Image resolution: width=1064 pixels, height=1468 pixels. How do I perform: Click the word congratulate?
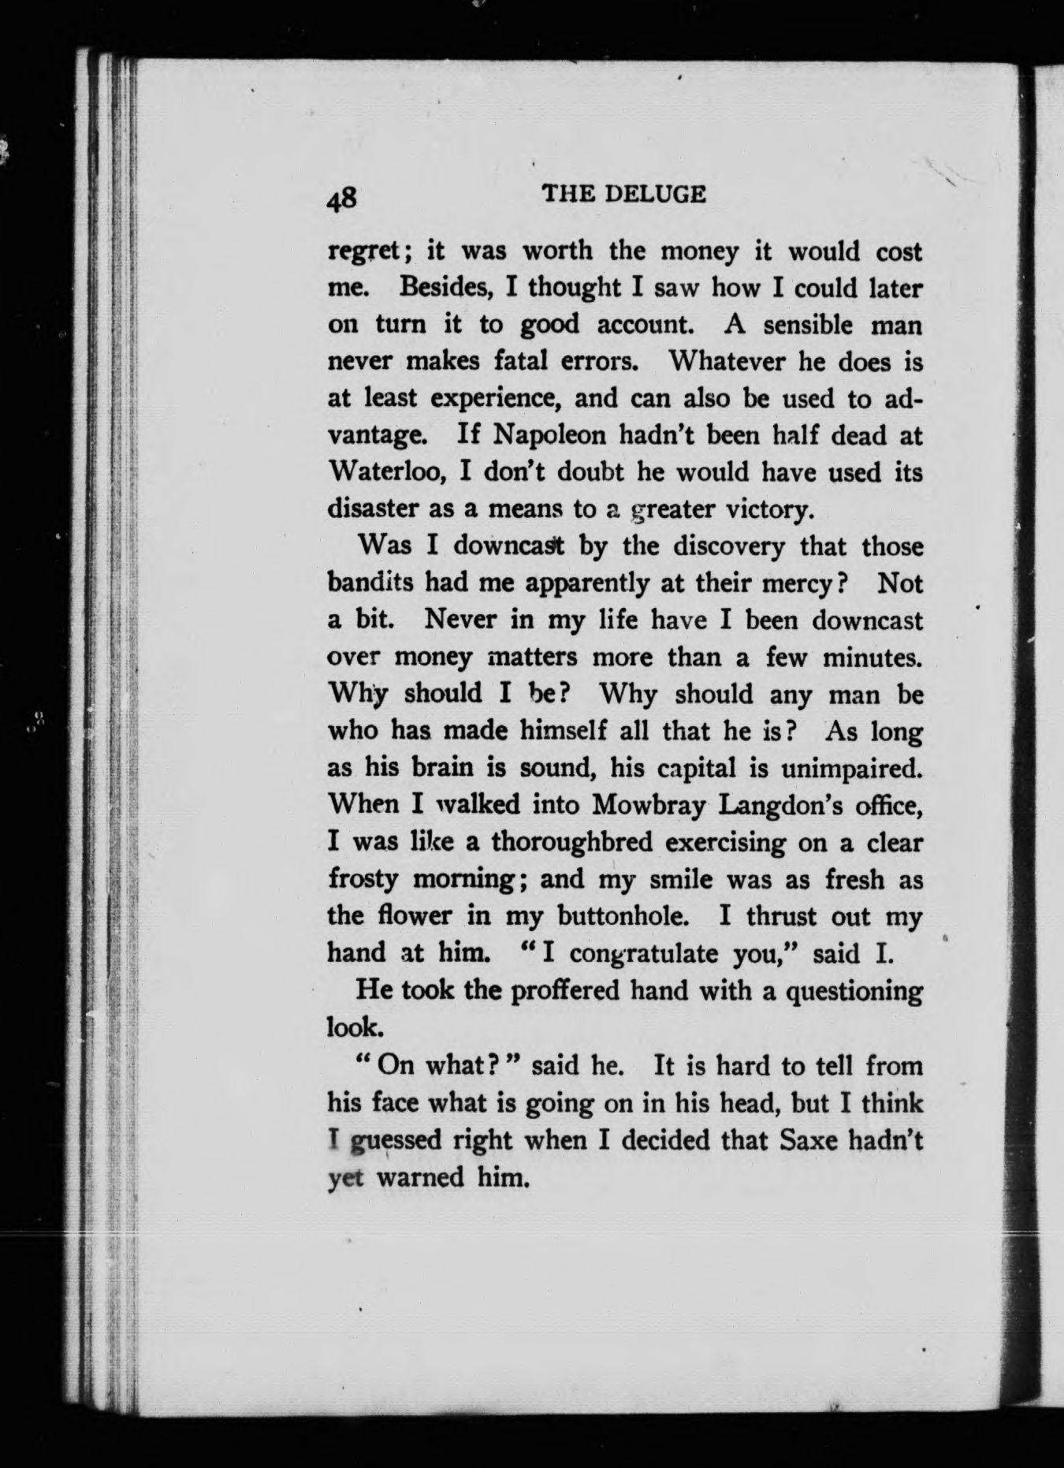tap(645, 954)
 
